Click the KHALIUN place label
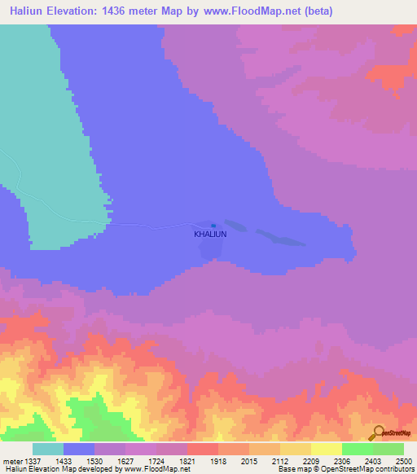(x=209, y=234)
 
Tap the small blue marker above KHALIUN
(x=213, y=226)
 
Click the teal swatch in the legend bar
(x=48, y=449)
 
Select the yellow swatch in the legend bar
(x=327, y=449)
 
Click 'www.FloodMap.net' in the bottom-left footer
(x=160, y=469)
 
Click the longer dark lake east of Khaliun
(x=280, y=238)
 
